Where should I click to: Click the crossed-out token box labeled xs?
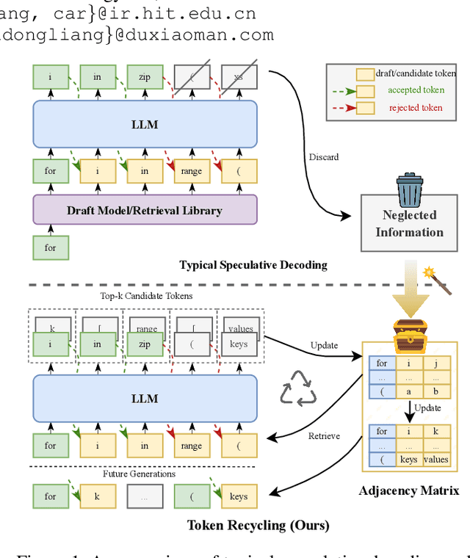[239, 76]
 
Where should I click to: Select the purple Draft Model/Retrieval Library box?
[145, 210]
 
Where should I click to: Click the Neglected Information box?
[410, 223]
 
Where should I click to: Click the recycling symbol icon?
[298, 390]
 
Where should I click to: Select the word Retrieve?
[324, 435]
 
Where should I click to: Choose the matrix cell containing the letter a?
[408, 391]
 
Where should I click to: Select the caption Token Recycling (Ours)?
[258, 524]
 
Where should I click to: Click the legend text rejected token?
[416, 108]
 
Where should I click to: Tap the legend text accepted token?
[416, 90]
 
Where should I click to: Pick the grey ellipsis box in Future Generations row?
[145, 496]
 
